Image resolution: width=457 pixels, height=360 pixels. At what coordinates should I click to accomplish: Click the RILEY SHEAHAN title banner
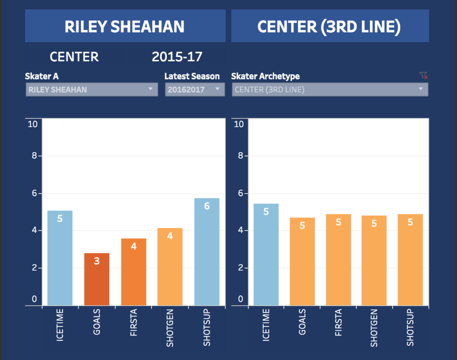[125, 26]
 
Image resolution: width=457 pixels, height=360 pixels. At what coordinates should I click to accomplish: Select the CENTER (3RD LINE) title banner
[330, 26]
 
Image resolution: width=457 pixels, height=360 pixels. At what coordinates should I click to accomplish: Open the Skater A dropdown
[91, 90]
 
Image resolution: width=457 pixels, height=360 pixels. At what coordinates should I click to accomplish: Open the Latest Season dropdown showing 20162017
[194, 90]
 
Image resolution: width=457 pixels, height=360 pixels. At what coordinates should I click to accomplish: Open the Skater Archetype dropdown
[329, 90]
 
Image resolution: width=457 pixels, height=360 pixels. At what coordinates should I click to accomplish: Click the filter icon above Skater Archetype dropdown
[424, 76]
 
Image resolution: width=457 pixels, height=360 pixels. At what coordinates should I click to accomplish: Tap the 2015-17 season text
[177, 57]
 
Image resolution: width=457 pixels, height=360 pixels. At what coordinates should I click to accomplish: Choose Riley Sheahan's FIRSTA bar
[133, 272]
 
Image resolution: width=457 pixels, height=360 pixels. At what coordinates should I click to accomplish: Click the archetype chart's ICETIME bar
[266, 254]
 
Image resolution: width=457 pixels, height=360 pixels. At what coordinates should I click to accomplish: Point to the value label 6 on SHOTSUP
[207, 206]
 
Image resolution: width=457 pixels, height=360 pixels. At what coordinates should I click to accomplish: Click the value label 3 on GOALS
[96, 261]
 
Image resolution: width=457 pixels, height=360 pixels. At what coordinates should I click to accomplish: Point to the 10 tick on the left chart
[33, 124]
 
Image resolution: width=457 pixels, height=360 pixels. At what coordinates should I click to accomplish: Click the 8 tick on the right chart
[239, 156]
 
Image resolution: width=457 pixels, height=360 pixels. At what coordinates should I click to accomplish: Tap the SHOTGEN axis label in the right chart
[374, 328]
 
